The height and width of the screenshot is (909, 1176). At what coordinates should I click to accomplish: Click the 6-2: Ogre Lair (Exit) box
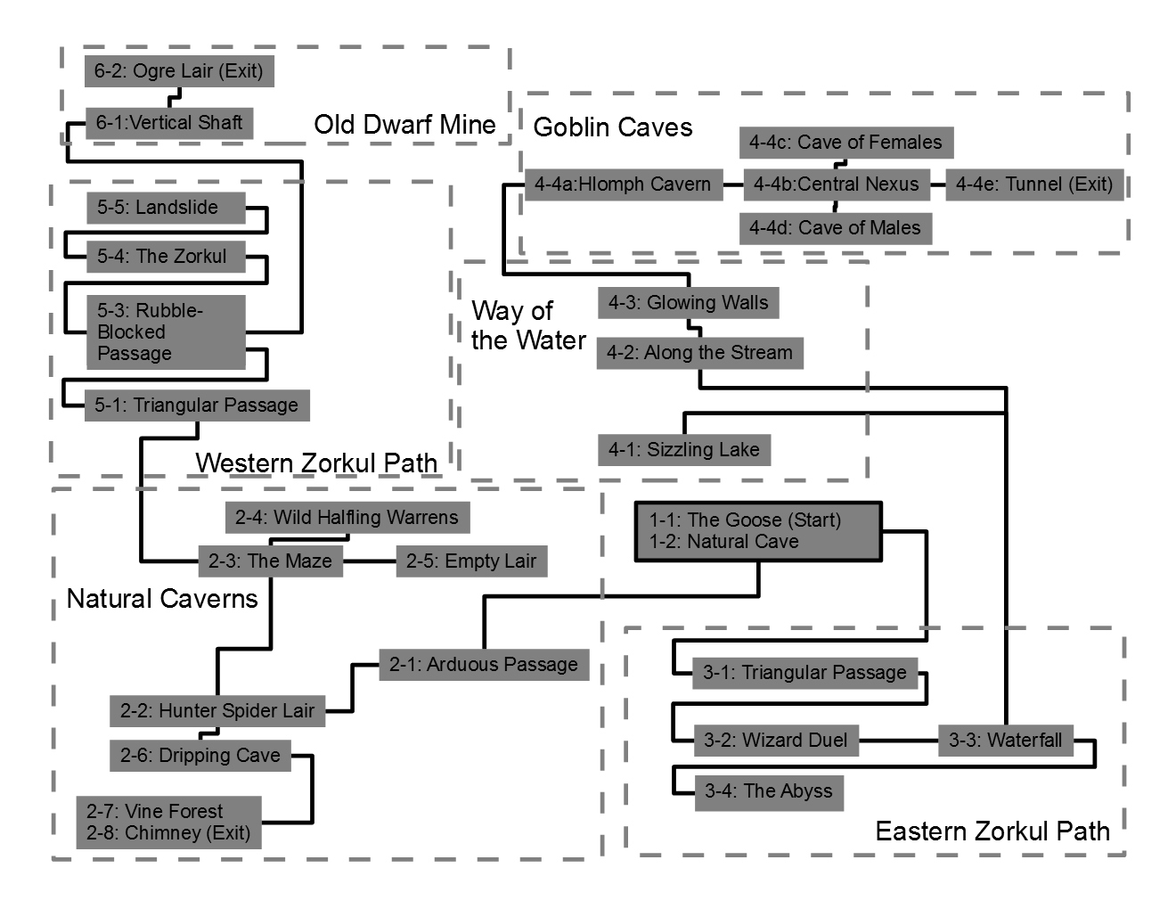click(x=179, y=71)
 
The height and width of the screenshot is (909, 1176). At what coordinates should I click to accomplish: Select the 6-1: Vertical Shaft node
click(x=169, y=123)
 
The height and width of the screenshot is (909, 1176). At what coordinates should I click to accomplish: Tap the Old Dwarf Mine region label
click(x=404, y=125)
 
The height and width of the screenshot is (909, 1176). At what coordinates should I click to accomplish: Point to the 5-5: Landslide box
click(x=166, y=208)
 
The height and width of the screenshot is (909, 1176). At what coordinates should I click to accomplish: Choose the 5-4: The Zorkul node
click(x=166, y=257)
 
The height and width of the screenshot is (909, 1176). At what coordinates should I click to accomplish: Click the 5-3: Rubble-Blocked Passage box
click(x=166, y=332)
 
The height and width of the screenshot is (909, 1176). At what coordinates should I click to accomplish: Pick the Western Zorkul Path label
click(x=316, y=463)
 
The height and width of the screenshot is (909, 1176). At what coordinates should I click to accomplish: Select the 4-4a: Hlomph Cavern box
click(x=623, y=185)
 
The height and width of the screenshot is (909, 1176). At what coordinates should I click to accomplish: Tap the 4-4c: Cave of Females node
click(x=845, y=143)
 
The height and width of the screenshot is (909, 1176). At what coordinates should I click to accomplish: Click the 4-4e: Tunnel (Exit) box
click(x=1034, y=185)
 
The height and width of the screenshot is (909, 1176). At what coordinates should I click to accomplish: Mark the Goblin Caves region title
click(x=612, y=127)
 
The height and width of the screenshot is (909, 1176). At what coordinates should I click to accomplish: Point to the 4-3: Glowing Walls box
click(x=689, y=303)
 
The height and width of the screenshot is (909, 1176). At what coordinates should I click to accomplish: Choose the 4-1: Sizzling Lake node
click(x=683, y=450)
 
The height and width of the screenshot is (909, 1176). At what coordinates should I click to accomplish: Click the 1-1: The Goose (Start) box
click(x=758, y=531)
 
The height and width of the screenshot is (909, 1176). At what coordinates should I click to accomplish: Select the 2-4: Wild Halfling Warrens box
click(x=347, y=518)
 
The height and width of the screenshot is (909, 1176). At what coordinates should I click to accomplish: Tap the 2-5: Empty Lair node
click(x=471, y=561)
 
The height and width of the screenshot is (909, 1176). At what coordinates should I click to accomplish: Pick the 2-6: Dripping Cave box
click(x=200, y=756)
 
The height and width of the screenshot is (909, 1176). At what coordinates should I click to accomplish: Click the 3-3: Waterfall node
click(x=1006, y=741)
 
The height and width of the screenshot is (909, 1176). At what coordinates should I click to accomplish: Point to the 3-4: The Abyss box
click(x=769, y=791)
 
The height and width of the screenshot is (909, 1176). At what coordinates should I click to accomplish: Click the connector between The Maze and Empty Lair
click(x=370, y=561)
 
